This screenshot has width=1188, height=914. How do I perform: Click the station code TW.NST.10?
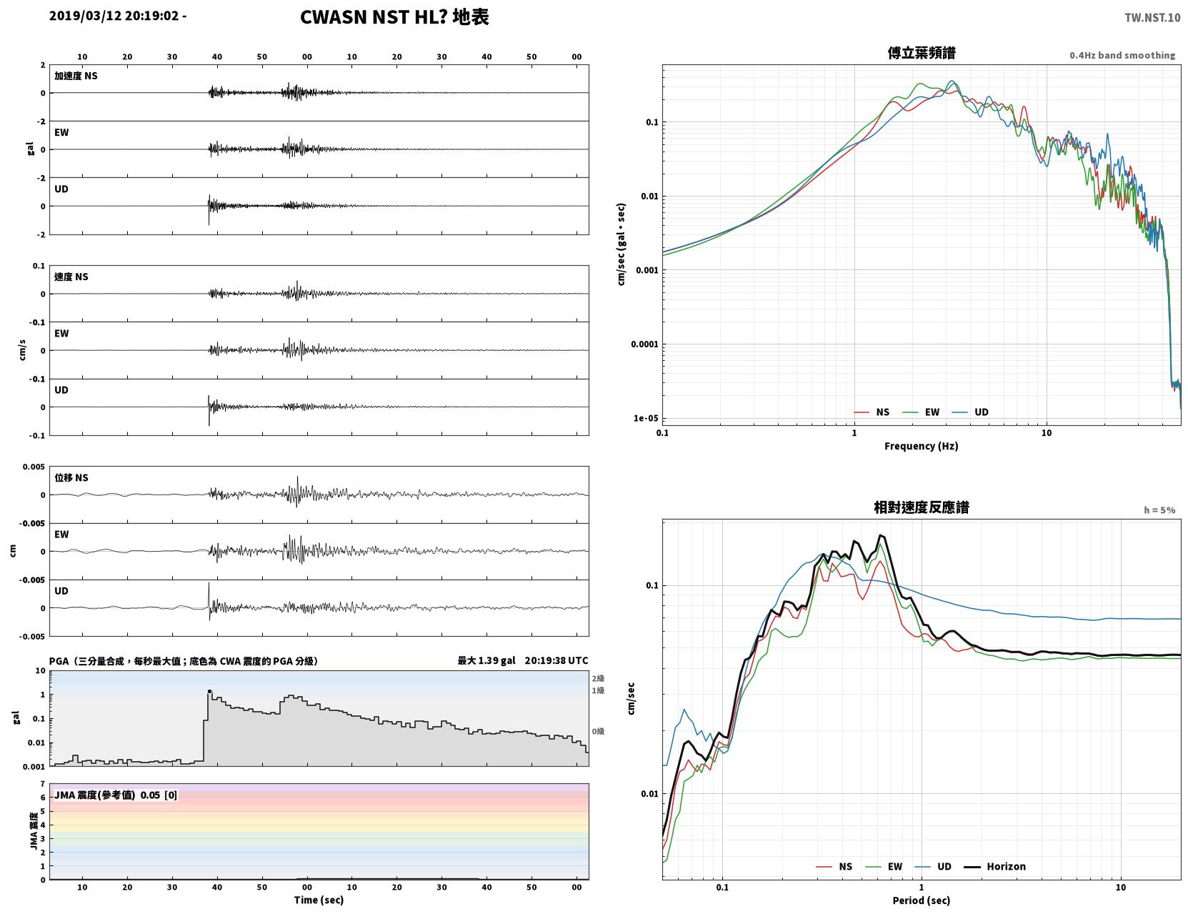tap(1152, 17)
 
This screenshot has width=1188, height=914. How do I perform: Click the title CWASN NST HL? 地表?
tap(394, 17)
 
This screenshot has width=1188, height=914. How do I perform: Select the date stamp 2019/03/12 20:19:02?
tap(114, 15)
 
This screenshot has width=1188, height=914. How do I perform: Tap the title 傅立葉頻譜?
tap(922, 53)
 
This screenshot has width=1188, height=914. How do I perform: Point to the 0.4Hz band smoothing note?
tap(1122, 55)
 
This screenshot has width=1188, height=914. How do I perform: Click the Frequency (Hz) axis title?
tap(922, 446)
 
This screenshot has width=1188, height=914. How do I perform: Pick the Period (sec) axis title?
tap(922, 900)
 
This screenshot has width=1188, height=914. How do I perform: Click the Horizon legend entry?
tap(994, 866)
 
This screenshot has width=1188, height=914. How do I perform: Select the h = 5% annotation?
tap(1159, 510)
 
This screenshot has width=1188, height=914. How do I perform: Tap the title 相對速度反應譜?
tap(922, 507)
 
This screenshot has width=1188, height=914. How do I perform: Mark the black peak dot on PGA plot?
tap(209, 692)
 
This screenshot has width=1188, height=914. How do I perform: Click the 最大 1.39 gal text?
tap(486, 660)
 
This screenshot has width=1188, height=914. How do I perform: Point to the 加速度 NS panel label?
tap(76, 76)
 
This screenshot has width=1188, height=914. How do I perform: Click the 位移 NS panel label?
tap(71, 477)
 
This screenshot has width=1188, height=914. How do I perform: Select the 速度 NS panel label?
tap(71, 277)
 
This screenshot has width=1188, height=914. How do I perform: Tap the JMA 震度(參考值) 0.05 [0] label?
tap(115, 795)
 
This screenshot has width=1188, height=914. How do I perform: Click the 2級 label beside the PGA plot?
tap(598, 678)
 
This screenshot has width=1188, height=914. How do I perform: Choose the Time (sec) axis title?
tap(319, 900)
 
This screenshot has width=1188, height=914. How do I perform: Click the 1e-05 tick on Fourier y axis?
tap(646, 418)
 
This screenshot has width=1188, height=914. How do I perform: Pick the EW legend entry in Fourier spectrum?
tap(922, 412)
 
